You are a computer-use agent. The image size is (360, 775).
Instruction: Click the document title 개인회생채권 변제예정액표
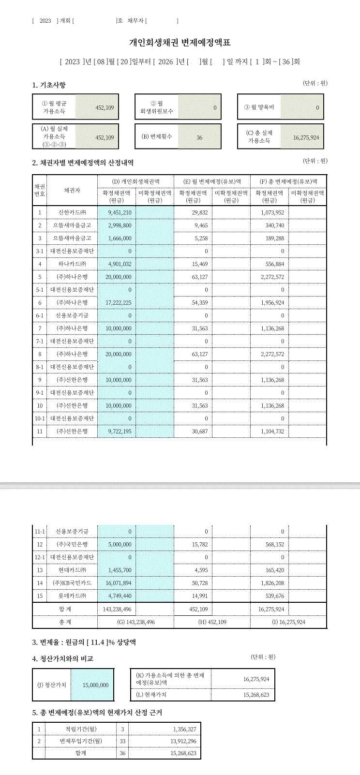pyautogui.click(x=180, y=43)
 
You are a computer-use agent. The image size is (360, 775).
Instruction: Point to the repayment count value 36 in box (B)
pyautogui.click(x=199, y=138)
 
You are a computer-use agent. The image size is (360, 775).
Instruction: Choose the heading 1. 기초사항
pyautogui.click(x=49, y=85)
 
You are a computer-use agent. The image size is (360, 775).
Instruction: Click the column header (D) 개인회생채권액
pyautogui.click(x=135, y=181)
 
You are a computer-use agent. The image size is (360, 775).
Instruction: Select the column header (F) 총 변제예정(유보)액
pyautogui.click(x=288, y=181)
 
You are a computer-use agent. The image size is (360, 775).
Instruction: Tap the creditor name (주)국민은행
pyautogui.click(x=72, y=545)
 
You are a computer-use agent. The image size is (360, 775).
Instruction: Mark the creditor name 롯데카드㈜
pyautogui.click(x=72, y=596)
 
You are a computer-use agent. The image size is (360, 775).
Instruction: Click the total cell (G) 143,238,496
pyautogui.click(x=136, y=622)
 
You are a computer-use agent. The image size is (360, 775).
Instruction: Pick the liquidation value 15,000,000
pyautogui.click(x=95, y=685)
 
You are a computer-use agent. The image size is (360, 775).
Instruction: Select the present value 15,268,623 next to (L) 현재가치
pyautogui.click(x=256, y=695)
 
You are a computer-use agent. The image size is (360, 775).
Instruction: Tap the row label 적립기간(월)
pyautogui.click(x=81, y=729)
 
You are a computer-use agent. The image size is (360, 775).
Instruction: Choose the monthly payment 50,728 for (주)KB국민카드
pyautogui.click(x=200, y=583)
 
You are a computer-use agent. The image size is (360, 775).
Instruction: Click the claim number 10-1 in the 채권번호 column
pyautogui.click(x=40, y=418)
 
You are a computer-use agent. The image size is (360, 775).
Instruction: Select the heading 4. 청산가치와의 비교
pyautogui.click(x=63, y=659)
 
